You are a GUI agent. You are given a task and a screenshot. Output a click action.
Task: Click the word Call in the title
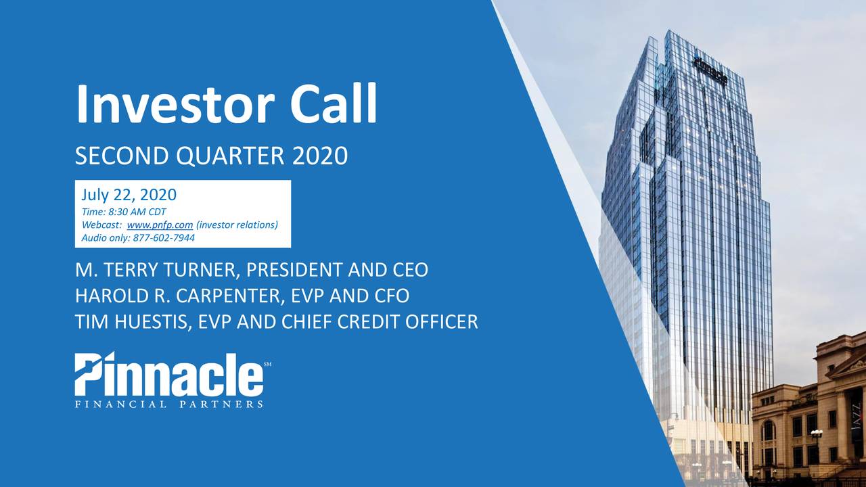click(x=333, y=105)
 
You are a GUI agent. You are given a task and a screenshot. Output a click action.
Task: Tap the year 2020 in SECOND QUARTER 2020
click(x=320, y=157)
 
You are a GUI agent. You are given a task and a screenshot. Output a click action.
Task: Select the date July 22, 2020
click(x=129, y=195)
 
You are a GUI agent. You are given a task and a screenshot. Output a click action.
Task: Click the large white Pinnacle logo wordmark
click(x=168, y=375)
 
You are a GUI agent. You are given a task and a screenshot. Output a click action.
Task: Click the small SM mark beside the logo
click(x=267, y=365)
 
